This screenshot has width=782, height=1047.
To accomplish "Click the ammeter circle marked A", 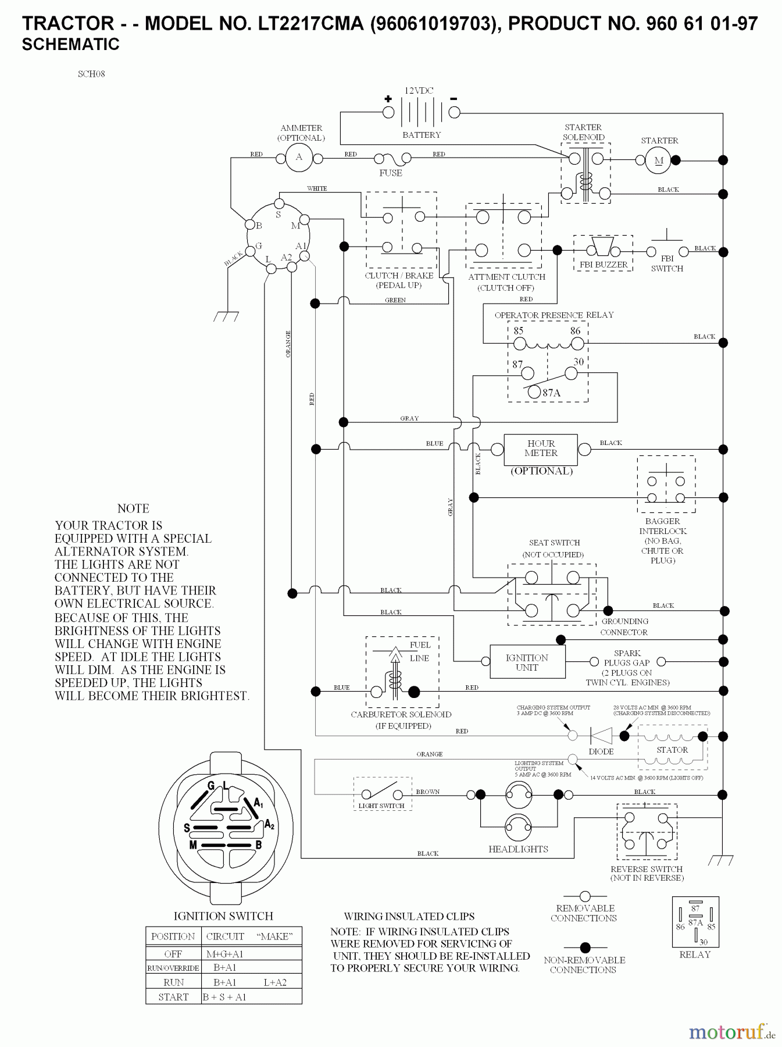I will point(299,157).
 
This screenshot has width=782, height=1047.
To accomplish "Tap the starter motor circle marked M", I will point(658,160).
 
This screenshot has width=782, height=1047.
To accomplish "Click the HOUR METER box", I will point(540,448).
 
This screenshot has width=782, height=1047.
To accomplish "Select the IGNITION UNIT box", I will point(527,662).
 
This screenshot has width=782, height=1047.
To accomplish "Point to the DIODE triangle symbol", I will point(601,736).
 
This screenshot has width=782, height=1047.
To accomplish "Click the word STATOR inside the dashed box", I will point(672,750).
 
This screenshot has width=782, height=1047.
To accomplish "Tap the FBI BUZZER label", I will point(604,265).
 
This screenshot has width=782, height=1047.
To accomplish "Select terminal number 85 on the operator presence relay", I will point(518,330).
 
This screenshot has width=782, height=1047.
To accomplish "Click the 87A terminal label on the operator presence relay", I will point(551,393).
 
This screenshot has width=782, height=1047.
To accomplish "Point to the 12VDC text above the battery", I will point(419,91).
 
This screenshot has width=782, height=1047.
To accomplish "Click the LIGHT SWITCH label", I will point(381,806).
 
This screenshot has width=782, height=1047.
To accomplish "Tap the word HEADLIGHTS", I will point(518,849).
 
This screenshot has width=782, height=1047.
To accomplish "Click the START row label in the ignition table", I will point(173,997).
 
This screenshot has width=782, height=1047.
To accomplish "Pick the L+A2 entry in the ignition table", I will point(275,982).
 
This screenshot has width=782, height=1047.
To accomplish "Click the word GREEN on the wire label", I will point(395,300).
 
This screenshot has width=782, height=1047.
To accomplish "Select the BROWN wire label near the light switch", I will point(428,792).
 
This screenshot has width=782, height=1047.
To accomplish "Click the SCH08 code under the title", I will point(91,74).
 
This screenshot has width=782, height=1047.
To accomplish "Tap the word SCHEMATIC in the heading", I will point(70,44).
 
